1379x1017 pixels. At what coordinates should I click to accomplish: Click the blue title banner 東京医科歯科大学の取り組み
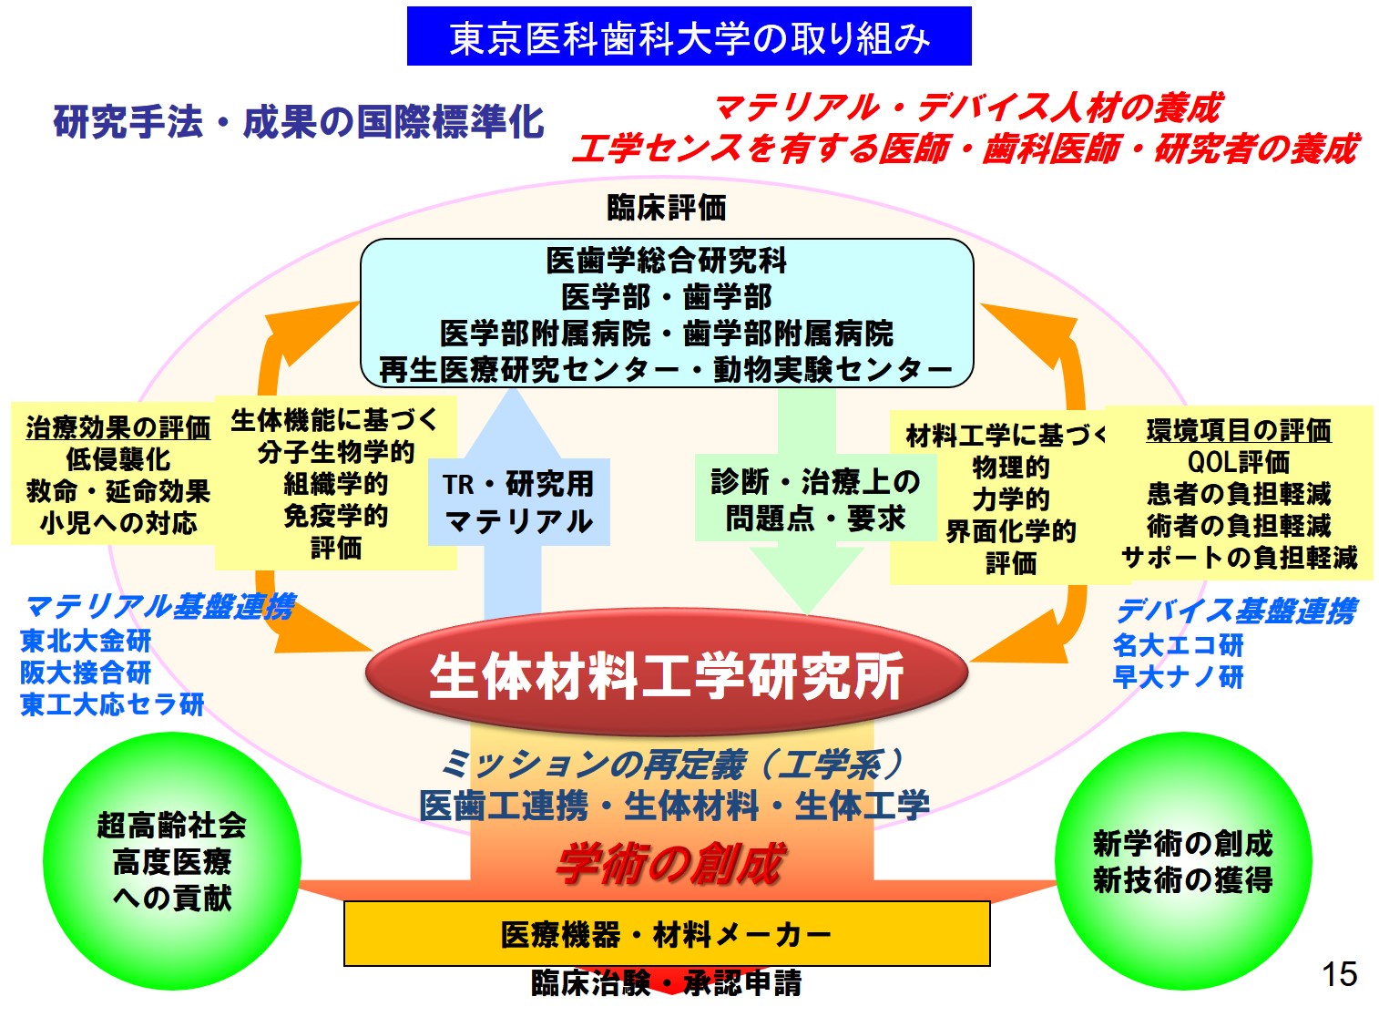point(689,36)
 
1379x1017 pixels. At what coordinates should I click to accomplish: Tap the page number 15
point(1340,974)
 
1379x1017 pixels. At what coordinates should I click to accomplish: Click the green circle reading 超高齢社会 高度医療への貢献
point(172,861)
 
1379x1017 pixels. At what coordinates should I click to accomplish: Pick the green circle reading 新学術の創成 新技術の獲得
point(1182,861)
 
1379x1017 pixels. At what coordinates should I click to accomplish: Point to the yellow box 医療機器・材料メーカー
point(667,934)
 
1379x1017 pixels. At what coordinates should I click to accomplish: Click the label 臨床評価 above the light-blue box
point(667,208)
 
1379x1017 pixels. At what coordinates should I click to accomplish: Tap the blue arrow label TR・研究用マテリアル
point(519,502)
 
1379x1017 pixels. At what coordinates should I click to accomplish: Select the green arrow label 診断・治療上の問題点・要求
point(816,499)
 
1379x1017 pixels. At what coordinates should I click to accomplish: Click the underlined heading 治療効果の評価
point(118,428)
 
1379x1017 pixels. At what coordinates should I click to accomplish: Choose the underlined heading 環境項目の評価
point(1240,430)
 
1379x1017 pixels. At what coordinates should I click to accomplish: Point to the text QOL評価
point(1239,462)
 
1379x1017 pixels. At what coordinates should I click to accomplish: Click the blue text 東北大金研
point(86,641)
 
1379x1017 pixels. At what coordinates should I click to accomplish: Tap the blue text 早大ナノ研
point(1179,677)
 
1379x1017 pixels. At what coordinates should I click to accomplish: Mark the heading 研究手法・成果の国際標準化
point(299,121)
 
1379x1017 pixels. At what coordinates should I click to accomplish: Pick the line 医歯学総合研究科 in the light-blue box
point(667,261)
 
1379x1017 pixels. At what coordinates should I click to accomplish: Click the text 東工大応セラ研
point(112,704)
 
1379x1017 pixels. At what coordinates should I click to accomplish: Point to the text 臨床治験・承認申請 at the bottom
point(667,982)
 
